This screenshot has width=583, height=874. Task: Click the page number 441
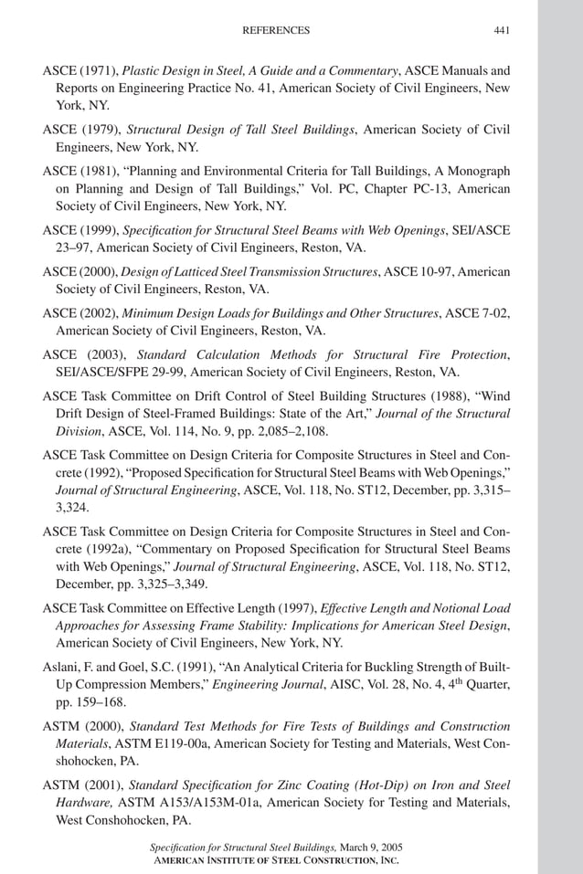[x=501, y=30]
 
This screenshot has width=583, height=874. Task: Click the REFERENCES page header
[x=275, y=30]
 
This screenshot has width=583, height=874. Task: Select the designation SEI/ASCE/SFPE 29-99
[x=125, y=372]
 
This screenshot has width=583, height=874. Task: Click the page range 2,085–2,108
[x=273, y=431]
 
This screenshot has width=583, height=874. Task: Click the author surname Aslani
[x=60, y=667]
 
